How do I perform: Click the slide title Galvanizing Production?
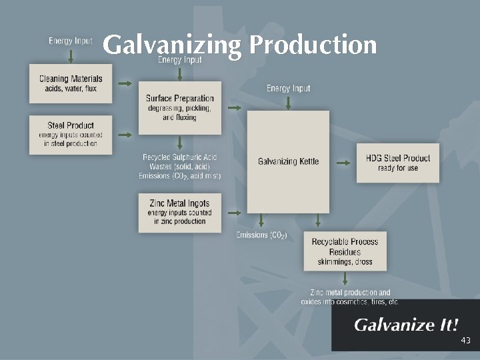(240, 45)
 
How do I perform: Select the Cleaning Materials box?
(71, 83)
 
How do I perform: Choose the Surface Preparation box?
(179, 107)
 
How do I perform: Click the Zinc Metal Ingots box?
(179, 213)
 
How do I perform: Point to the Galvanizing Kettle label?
(288, 161)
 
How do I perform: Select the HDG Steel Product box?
(398, 163)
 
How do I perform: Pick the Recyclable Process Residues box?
(345, 251)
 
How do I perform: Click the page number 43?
(465, 341)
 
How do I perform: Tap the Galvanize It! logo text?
(406, 325)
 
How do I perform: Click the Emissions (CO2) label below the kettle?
(261, 235)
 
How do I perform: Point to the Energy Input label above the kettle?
(288, 88)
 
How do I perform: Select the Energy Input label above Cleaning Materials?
(71, 41)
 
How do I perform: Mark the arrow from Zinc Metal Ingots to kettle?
(234, 213)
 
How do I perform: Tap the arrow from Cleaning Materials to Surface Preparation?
(125, 84)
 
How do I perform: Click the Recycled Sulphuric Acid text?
(179, 157)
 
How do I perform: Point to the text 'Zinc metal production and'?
(350, 293)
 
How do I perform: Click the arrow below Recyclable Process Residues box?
(345, 279)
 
